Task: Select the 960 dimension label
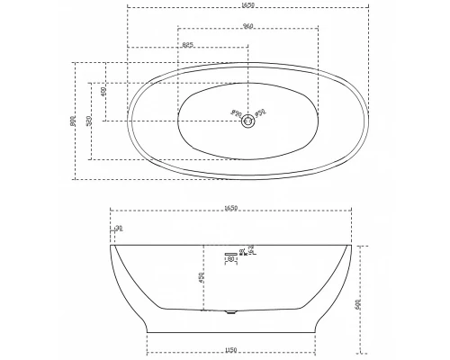point(246,25)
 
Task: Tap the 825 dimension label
point(188,44)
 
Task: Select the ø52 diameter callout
point(259,113)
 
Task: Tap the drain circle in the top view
point(247,124)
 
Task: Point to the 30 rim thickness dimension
point(119,229)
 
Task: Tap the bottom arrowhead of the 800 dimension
point(76,177)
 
